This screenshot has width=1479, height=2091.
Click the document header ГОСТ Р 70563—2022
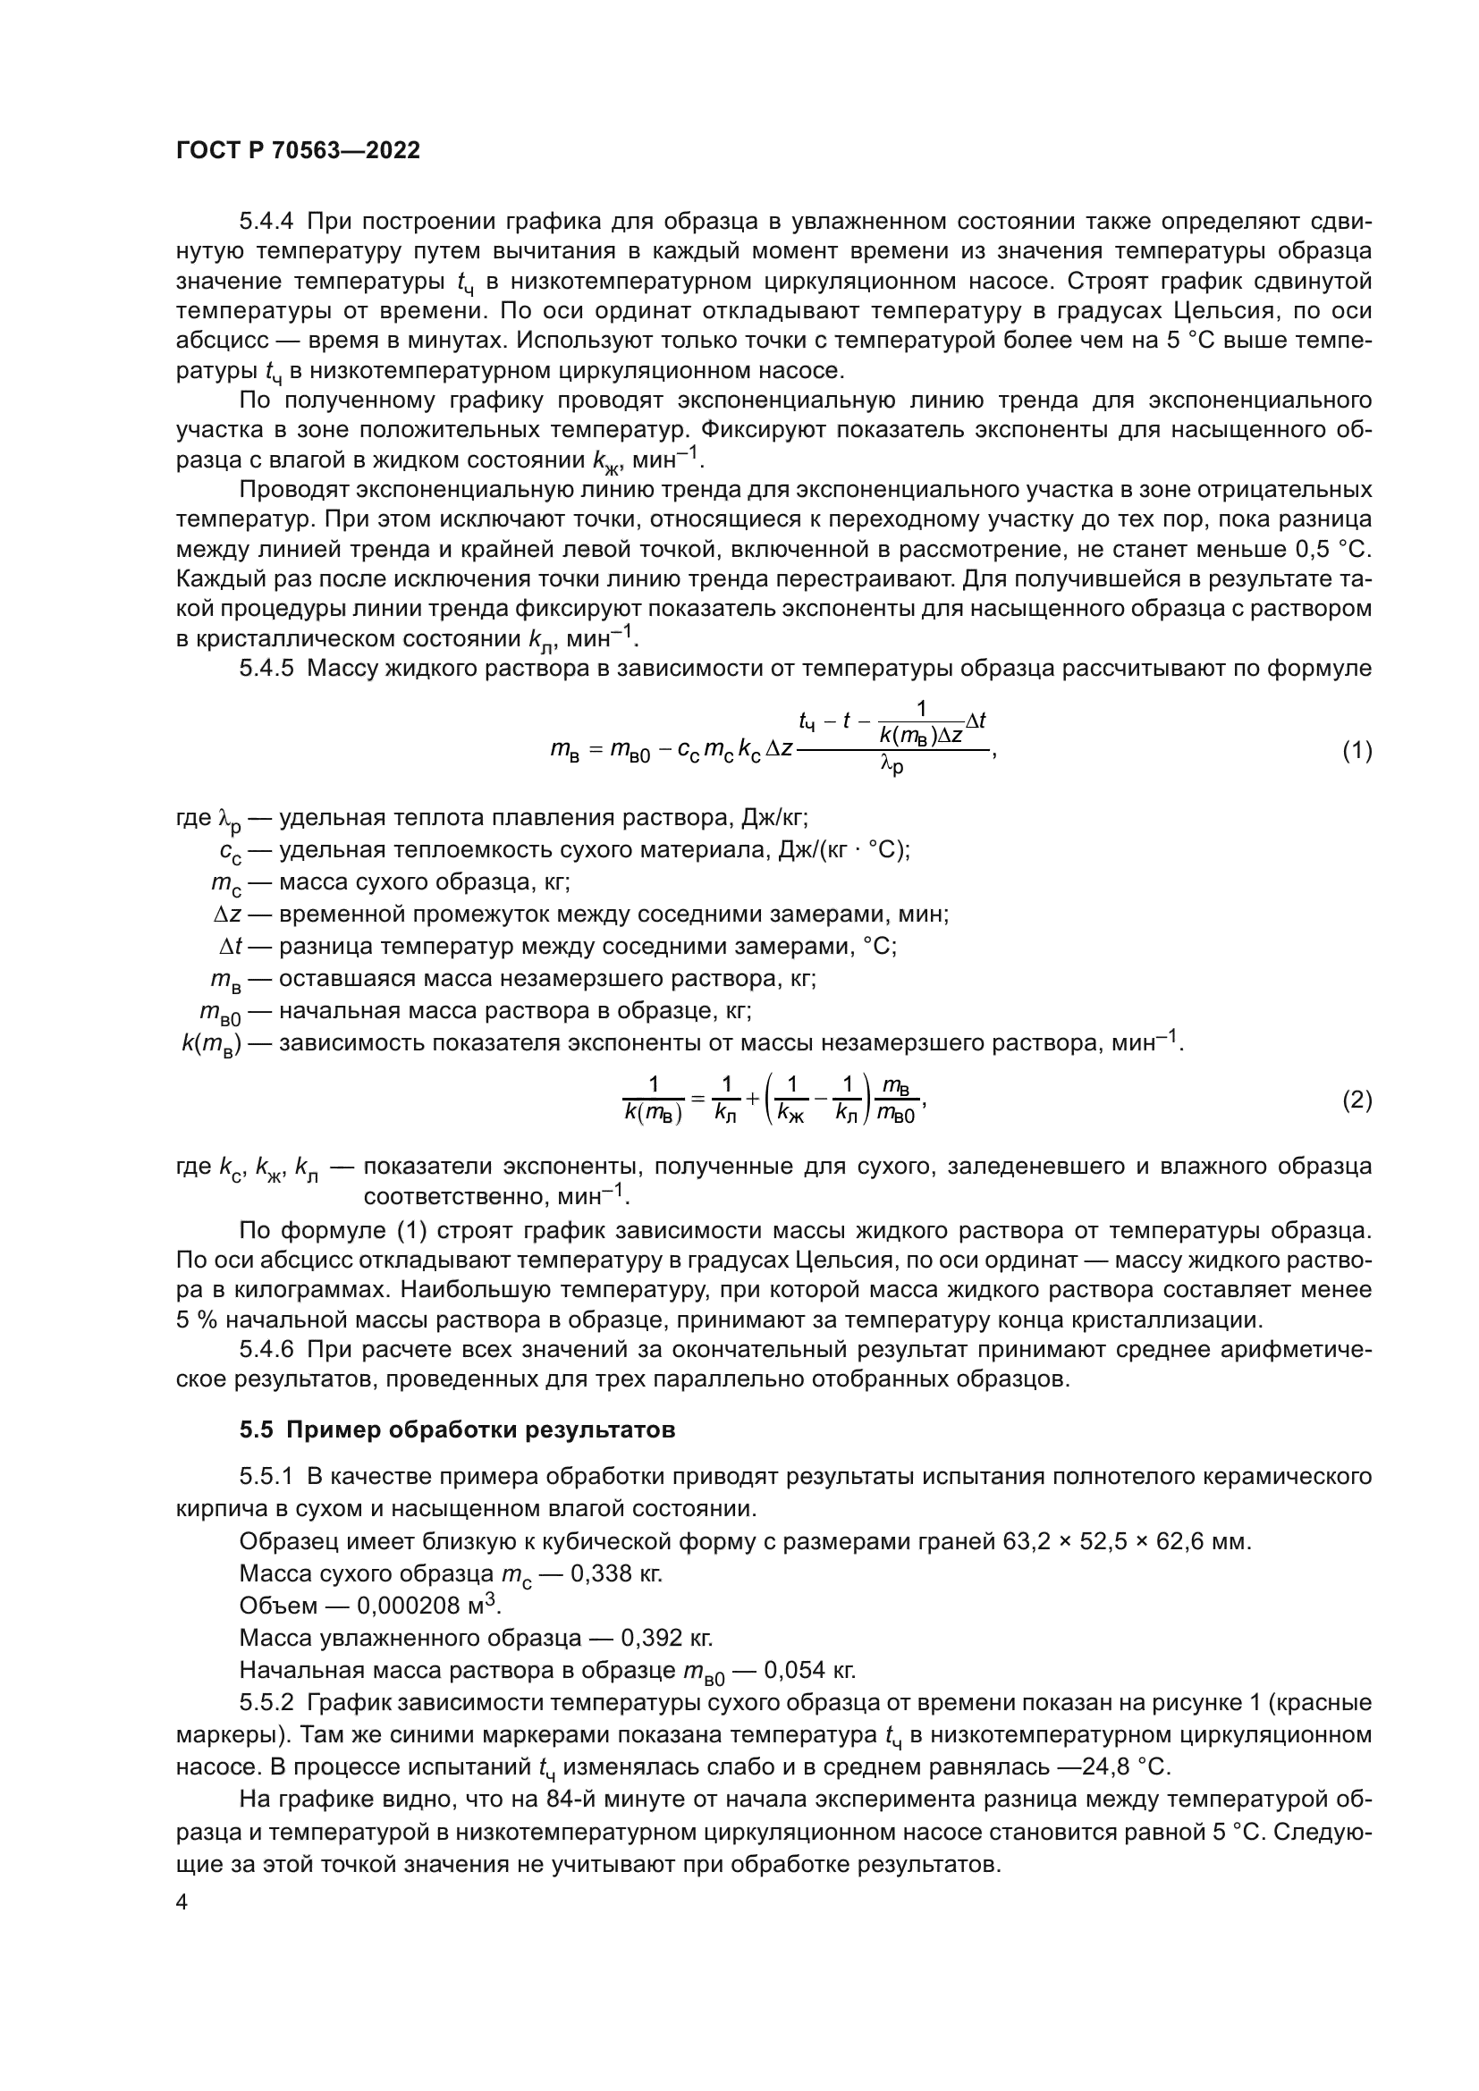(x=298, y=151)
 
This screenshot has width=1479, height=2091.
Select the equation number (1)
(x=1357, y=750)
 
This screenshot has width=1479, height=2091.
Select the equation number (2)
(x=1357, y=1100)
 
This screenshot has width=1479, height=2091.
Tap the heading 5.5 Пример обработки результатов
(x=457, y=1429)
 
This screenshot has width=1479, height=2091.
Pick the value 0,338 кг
(x=615, y=1573)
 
